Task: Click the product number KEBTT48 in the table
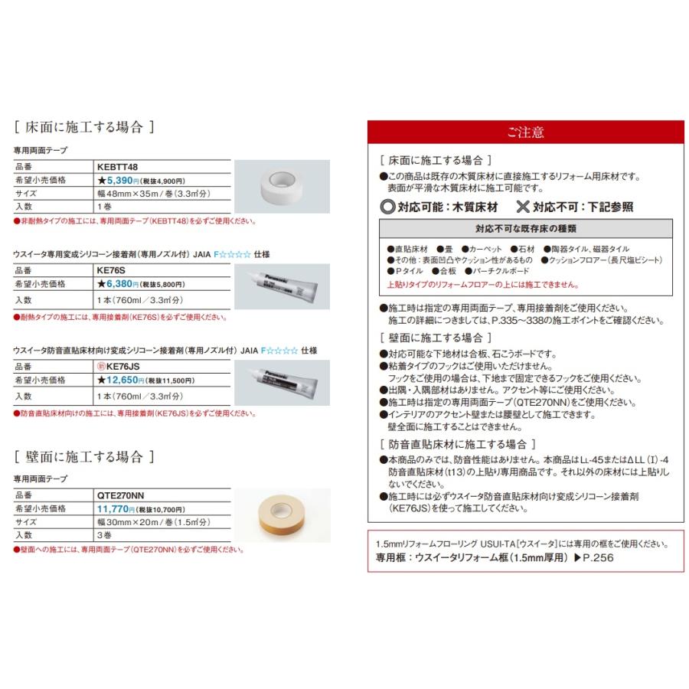point(117,166)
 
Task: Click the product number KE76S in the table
point(113,270)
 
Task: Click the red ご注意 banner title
point(525,132)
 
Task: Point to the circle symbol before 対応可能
point(387,207)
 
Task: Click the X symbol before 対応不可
point(523,207)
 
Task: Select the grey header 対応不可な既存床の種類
point(525,228)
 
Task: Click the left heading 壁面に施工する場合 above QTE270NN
point(84,457)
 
